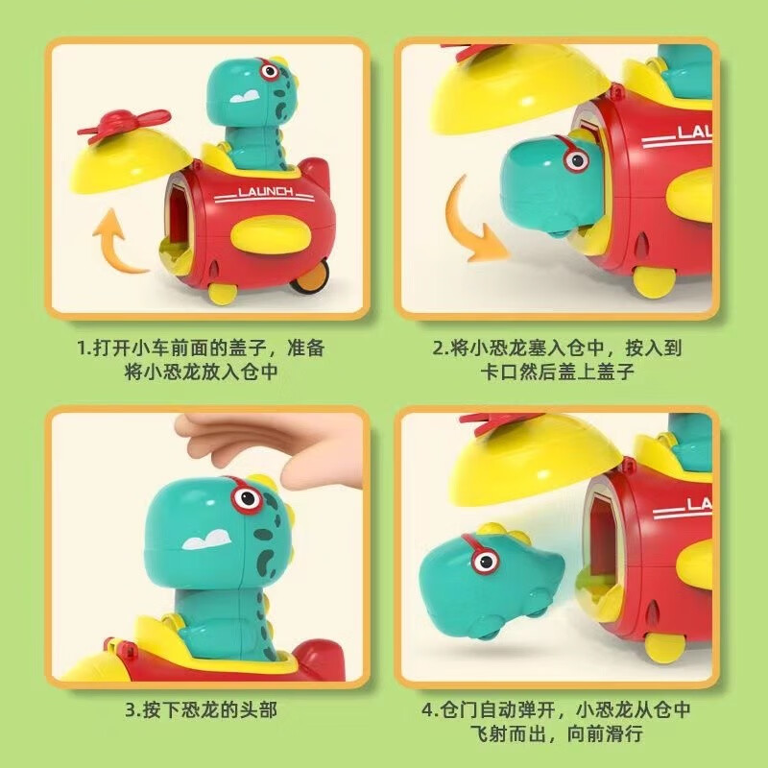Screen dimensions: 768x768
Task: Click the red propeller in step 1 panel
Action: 124,126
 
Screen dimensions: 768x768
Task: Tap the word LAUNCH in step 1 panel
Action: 266,191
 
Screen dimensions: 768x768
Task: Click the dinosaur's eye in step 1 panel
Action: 269,71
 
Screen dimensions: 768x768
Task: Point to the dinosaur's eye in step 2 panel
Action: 577,159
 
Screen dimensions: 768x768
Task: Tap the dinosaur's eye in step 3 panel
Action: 247,499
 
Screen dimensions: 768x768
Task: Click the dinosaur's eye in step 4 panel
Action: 486,562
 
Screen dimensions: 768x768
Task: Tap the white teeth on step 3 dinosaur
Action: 207,539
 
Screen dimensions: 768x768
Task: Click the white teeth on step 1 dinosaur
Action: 245,96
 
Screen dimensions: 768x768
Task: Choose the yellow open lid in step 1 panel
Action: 130,160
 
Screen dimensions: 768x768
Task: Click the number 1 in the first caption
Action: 82,349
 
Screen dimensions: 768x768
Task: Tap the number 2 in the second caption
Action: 438,349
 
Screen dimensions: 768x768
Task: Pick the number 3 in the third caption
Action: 131,709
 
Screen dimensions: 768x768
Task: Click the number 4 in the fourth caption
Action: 427,709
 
